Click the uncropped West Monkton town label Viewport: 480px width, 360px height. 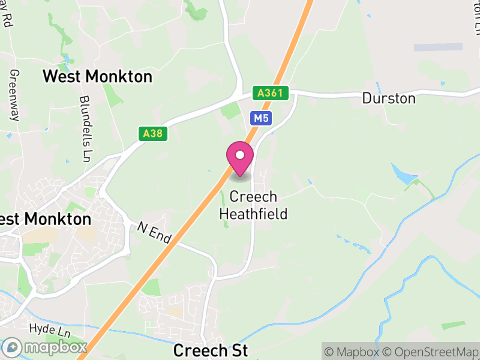tap(98, 77)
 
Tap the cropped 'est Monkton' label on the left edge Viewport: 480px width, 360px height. tap(46, 219)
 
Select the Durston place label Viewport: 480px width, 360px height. tap(389, 98)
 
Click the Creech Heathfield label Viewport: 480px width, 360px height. tap(253, 205)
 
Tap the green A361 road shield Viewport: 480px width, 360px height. tap(271, 93)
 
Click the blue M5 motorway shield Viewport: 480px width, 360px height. tap(261, 118)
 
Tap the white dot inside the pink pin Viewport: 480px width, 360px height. tap(240, 155)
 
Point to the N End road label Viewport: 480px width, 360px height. tap(154, 233)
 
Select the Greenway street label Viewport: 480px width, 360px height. tap(14, 95)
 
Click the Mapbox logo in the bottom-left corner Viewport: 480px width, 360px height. tap(46, 347)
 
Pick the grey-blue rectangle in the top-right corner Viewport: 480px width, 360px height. tap(438, 47)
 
